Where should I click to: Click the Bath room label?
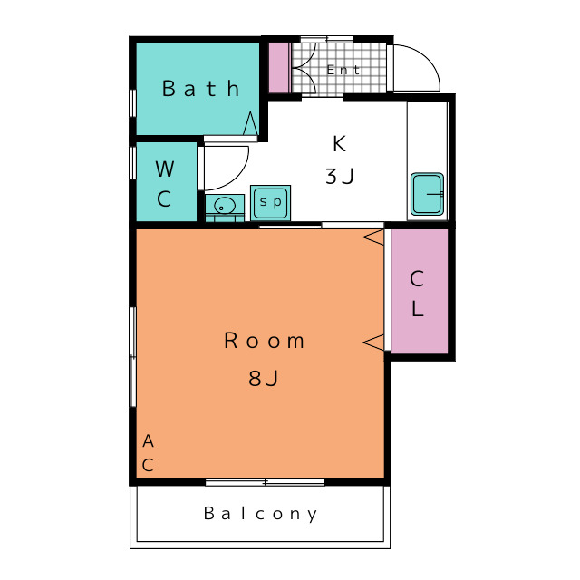pyautogui.click(x=201, y=89)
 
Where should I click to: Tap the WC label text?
pyautogui.click(x=165, y=184)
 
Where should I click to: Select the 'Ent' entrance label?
pyautogui.click(x=343, y=70)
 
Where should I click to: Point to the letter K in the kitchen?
pyautogui.click(x=339, y=143)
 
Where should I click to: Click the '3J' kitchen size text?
pyautogui.click(x=340, y=176)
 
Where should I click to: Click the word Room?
pyautogui.click(x=264, y=341)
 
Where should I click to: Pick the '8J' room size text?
pyautogui.click(x=263, y=378)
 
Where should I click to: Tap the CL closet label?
pyautogui.click(x=417, y=294)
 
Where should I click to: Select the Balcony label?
pyautogui.click(x=260, y=514)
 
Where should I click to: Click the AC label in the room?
pyautogui.click(x=148, y=453)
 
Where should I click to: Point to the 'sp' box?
pyautogui.click(x=270, y=203)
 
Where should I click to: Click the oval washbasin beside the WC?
pyautogui.click(x=225, y=205)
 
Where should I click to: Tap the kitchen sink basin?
pyautogui.click(x=427, y=194)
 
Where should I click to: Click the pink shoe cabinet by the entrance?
pyautogui.click(x=278, y=68)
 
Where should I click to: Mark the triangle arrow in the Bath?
pyautogui.click(x=250, y=123)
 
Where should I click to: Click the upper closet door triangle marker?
pyautogui.click(x=373, y=237)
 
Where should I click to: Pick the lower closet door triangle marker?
pyautogui.click(x=373, y=343)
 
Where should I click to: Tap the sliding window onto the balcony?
pyautogui.click(x=265, y=482)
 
